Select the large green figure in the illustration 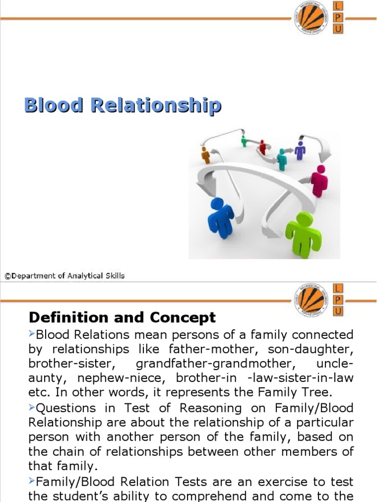pos(303,234)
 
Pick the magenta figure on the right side pos(320,180)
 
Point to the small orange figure pos(206,155)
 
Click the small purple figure pos(300,150)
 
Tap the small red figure pos(263,147)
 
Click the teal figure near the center pos(281,159)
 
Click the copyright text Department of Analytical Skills pos(65,276)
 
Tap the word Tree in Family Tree pos(318,392)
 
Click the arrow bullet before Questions pos(32,407)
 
